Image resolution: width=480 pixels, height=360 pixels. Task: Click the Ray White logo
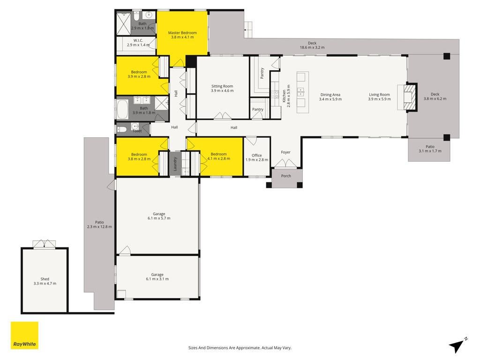(24, 335)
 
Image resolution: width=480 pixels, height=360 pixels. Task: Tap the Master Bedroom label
(182, 35)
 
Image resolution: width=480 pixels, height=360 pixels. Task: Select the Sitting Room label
(222, 89)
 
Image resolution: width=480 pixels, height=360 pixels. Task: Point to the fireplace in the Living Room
(410, 97)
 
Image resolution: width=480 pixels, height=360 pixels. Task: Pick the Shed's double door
(45, 244)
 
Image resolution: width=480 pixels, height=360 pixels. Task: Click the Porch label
(286, 176)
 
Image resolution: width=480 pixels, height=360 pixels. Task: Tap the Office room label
(257, 157)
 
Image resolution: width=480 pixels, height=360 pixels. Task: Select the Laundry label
(175, 164)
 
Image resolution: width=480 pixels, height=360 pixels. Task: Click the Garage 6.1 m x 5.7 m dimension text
(159, 218)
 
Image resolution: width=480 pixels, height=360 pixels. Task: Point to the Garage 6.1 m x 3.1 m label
(157, 277)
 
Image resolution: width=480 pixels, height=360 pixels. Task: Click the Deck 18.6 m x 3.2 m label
(312, 45)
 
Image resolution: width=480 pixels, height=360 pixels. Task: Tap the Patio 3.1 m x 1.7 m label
(430, 149)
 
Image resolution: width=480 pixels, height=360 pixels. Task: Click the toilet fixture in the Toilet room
(122, 129)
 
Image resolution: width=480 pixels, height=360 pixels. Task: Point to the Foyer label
(285, 152)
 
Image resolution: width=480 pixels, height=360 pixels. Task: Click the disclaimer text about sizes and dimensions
(240, 348)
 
